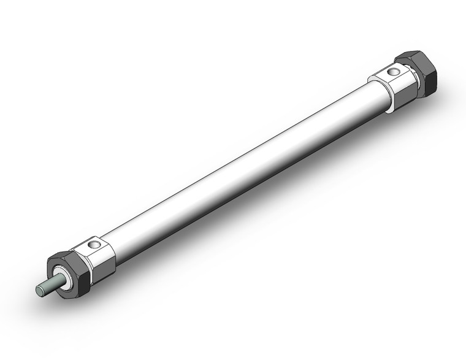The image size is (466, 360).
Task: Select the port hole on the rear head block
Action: pos(394,72)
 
